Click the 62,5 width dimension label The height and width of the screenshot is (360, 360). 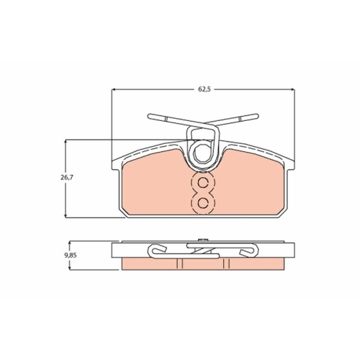pyautogui.click(x=204, y=89)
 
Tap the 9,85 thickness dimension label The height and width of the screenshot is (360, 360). pyautogui.click(x=71, y=256)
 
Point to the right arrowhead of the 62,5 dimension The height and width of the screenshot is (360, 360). pyautogui.click(x=292, y=89)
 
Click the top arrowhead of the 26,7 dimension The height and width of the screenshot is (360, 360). pyautogui.click(x=66, y=142)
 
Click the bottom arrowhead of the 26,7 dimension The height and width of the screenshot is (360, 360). pyautogui.click(x=66, y=215)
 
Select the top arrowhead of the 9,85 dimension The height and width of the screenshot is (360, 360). pyautogui.click(x=70, y=244)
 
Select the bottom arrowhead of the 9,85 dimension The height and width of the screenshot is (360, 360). pyautogui.click(x=70, y=267)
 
